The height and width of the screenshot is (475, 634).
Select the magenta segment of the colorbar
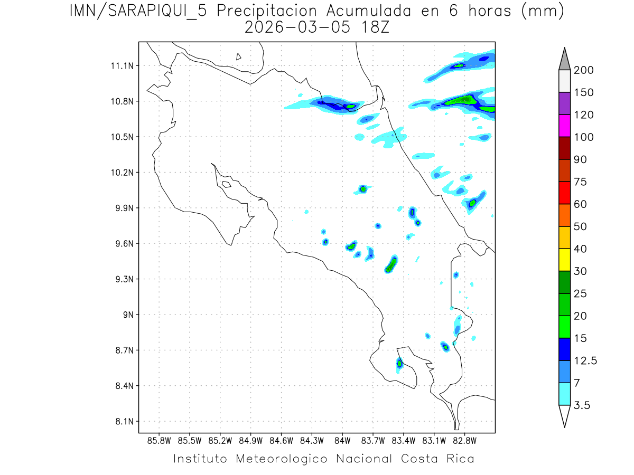click(564, 126)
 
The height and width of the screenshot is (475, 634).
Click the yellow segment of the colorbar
click(564, 260)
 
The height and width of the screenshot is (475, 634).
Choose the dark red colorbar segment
click(564, 148)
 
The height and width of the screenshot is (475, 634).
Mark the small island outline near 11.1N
click(239, 56)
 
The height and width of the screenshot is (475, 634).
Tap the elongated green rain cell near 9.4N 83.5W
click(391, 263)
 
